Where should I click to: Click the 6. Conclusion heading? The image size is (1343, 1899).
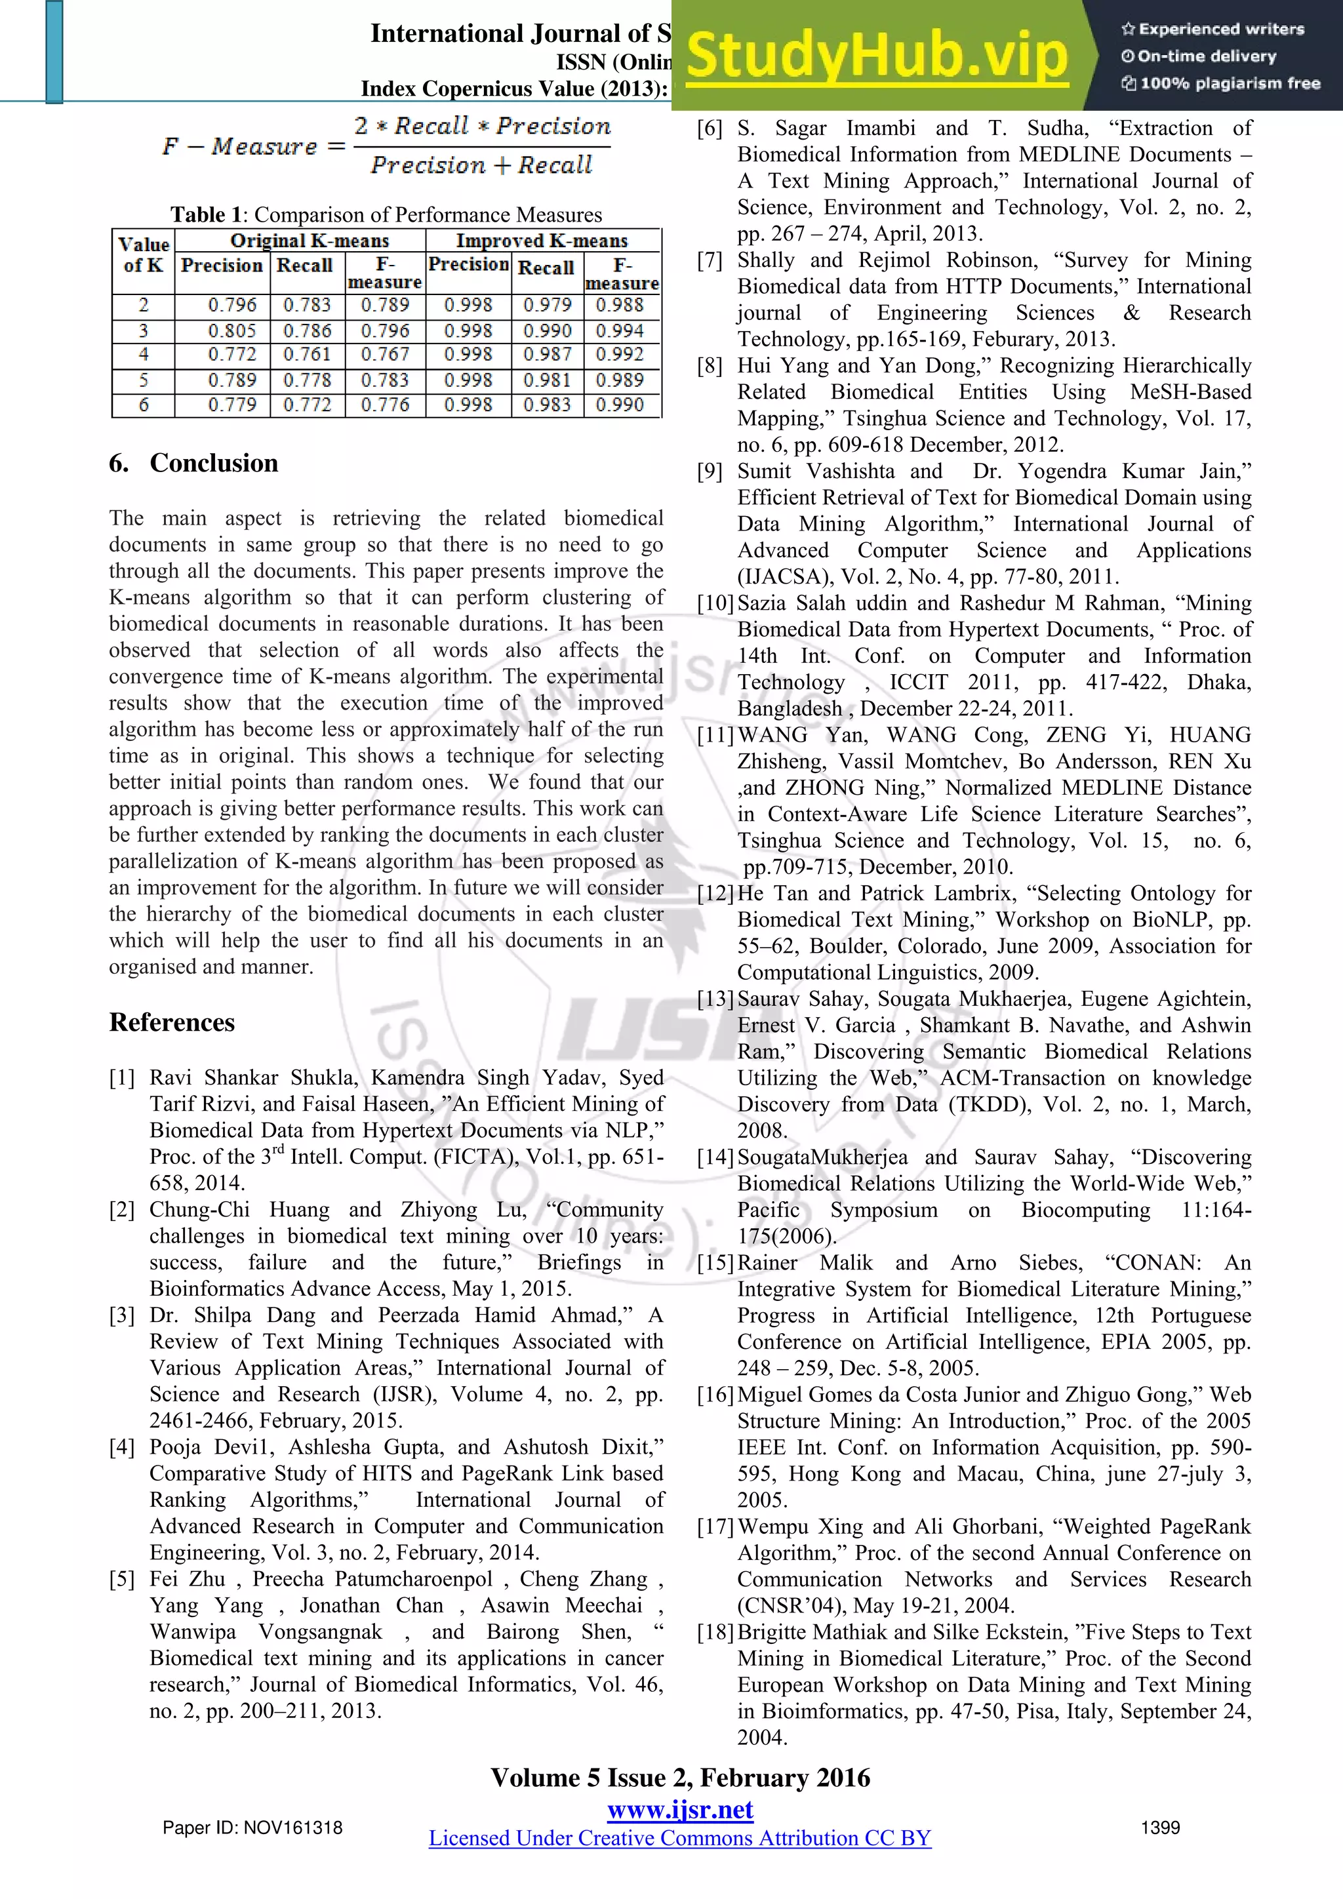point(193,463)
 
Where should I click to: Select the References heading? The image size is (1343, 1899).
point(172,1022)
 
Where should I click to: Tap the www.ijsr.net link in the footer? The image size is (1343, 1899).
point(680,1810)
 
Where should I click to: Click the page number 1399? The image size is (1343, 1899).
point(1160,1828)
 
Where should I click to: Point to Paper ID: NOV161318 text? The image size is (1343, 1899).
point(252,1828)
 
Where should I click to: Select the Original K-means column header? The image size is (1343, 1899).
point(310,241)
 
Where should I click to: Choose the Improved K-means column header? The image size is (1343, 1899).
point(542,241)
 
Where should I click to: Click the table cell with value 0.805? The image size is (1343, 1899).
point(232,331)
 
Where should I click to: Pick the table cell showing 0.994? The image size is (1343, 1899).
point(620,331)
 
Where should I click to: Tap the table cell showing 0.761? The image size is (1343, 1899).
point(307,355)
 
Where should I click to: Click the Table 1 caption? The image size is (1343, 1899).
point(386,215)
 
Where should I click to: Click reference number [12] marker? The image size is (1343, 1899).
point(715,893)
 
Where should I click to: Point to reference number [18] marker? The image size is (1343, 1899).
point(715,1632)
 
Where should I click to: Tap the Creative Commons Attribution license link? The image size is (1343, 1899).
point(680,1838)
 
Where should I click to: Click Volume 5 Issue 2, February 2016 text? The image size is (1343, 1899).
point(680,1778)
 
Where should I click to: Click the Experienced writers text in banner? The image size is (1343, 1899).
point(1213,29)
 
